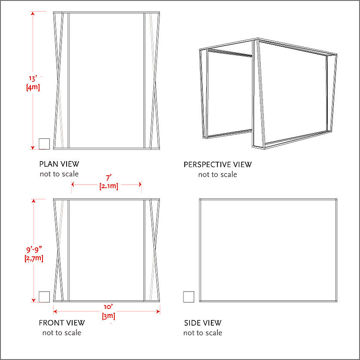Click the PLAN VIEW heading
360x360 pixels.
click(x=59, y=164)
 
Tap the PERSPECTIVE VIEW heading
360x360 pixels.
click(x=218, y=165)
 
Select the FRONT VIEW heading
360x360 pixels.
click(x=62, y=323)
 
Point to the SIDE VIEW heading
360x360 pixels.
click(x=203, y=323)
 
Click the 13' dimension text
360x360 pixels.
click(x=33, y=79)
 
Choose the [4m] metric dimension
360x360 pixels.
click(x=33, y=87)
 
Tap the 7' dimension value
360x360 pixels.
click(x=109, y=178)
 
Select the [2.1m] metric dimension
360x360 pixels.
click(x=109, y=186)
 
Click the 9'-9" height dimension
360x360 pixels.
click(x=34, y=250)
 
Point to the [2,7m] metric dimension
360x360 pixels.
click(x=34, y=258)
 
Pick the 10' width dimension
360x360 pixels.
click(x=108, y=307)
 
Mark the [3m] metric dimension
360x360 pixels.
click(x=108, y=316)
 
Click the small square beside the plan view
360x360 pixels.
click(x=44, y=144)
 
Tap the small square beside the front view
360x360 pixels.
click(x=44, y=297)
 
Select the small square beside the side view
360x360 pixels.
click(x=189, y=297)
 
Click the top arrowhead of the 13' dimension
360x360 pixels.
click(x=33, y=13)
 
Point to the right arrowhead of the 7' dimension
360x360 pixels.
click(x=140, y=184)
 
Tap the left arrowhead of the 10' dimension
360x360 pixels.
click(x=55, y=311)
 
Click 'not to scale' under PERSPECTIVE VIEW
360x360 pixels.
click(x=218, y=174)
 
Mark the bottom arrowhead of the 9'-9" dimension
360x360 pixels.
click(x=34, y=300)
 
